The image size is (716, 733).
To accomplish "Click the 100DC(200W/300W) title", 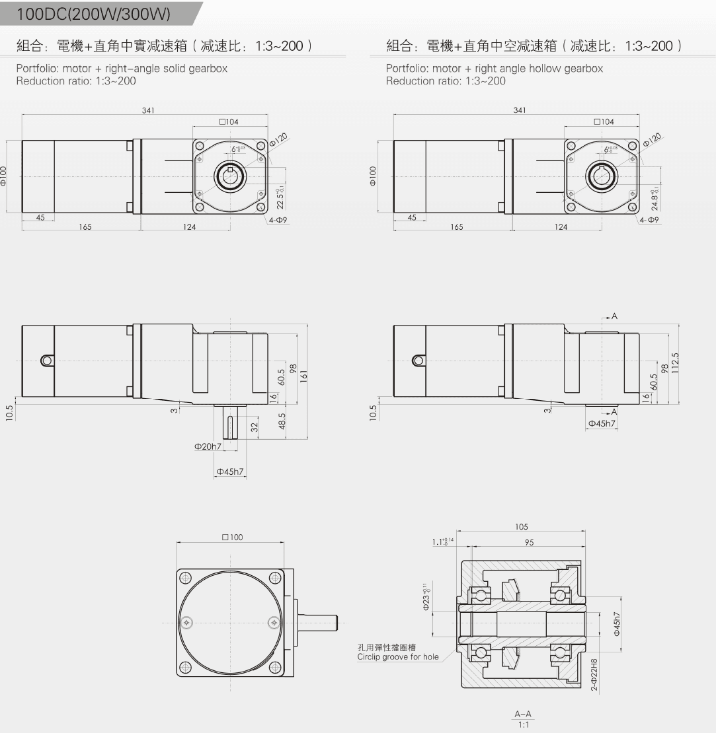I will tap(93, 14).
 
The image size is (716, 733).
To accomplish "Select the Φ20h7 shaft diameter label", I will tap(208, 447).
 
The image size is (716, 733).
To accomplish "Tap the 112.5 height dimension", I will tap(675, 363).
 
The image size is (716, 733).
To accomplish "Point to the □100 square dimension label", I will tap(232, 537).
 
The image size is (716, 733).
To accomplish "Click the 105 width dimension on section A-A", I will tap(521, 527).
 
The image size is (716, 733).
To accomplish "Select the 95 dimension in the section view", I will tap(528, 542).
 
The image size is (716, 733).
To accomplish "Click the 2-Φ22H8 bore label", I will tap(594, 674).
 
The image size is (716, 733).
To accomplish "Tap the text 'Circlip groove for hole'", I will tap(397, 656).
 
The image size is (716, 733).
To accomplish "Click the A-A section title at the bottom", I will tap(523, 714).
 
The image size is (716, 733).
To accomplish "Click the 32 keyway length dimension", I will tap(254, 427).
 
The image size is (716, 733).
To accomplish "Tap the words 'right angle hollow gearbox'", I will tap(539, 68).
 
